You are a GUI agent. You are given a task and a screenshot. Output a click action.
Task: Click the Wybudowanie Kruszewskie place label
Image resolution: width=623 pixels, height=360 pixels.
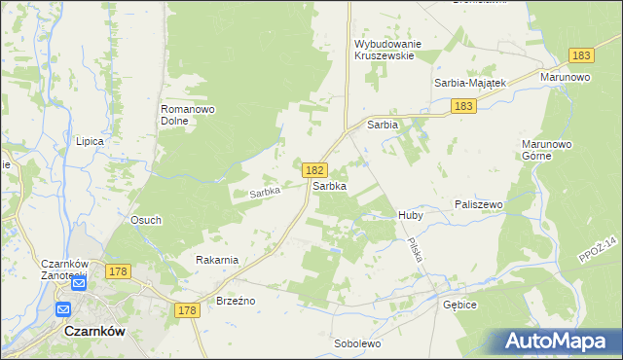[385, 50]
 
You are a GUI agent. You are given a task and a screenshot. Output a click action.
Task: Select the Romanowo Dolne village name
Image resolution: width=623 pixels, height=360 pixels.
[186, 116]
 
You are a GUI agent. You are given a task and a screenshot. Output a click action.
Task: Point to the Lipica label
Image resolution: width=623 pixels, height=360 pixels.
[90, 141]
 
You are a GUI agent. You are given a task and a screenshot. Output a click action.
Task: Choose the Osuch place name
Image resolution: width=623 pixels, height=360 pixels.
[146, 221]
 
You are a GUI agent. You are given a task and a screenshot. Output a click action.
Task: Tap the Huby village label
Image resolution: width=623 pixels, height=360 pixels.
[410, 214]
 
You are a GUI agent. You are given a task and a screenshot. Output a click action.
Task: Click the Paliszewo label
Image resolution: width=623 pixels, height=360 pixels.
[478, 204]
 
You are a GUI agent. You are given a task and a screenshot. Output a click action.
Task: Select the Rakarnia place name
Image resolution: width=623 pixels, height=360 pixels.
[217, 260]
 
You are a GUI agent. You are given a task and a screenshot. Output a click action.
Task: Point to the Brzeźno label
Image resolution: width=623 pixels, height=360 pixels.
[236, 301]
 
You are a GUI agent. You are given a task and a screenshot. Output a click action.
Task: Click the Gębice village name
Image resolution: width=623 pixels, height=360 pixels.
[459, 304]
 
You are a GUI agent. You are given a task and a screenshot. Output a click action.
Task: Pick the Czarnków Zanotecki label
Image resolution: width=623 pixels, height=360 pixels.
[66, 270]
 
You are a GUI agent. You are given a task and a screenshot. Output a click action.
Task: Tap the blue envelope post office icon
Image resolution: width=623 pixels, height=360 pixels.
[64, 309]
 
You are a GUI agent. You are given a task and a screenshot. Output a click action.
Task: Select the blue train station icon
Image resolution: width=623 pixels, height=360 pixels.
[79, 286]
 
